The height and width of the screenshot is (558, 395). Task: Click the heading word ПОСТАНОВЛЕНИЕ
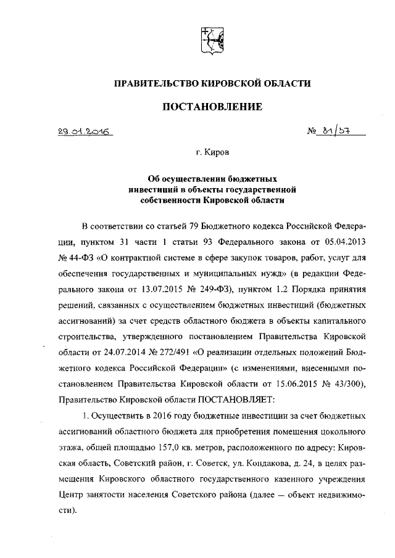[212, 107]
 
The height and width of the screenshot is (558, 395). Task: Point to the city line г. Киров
[212, 150]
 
